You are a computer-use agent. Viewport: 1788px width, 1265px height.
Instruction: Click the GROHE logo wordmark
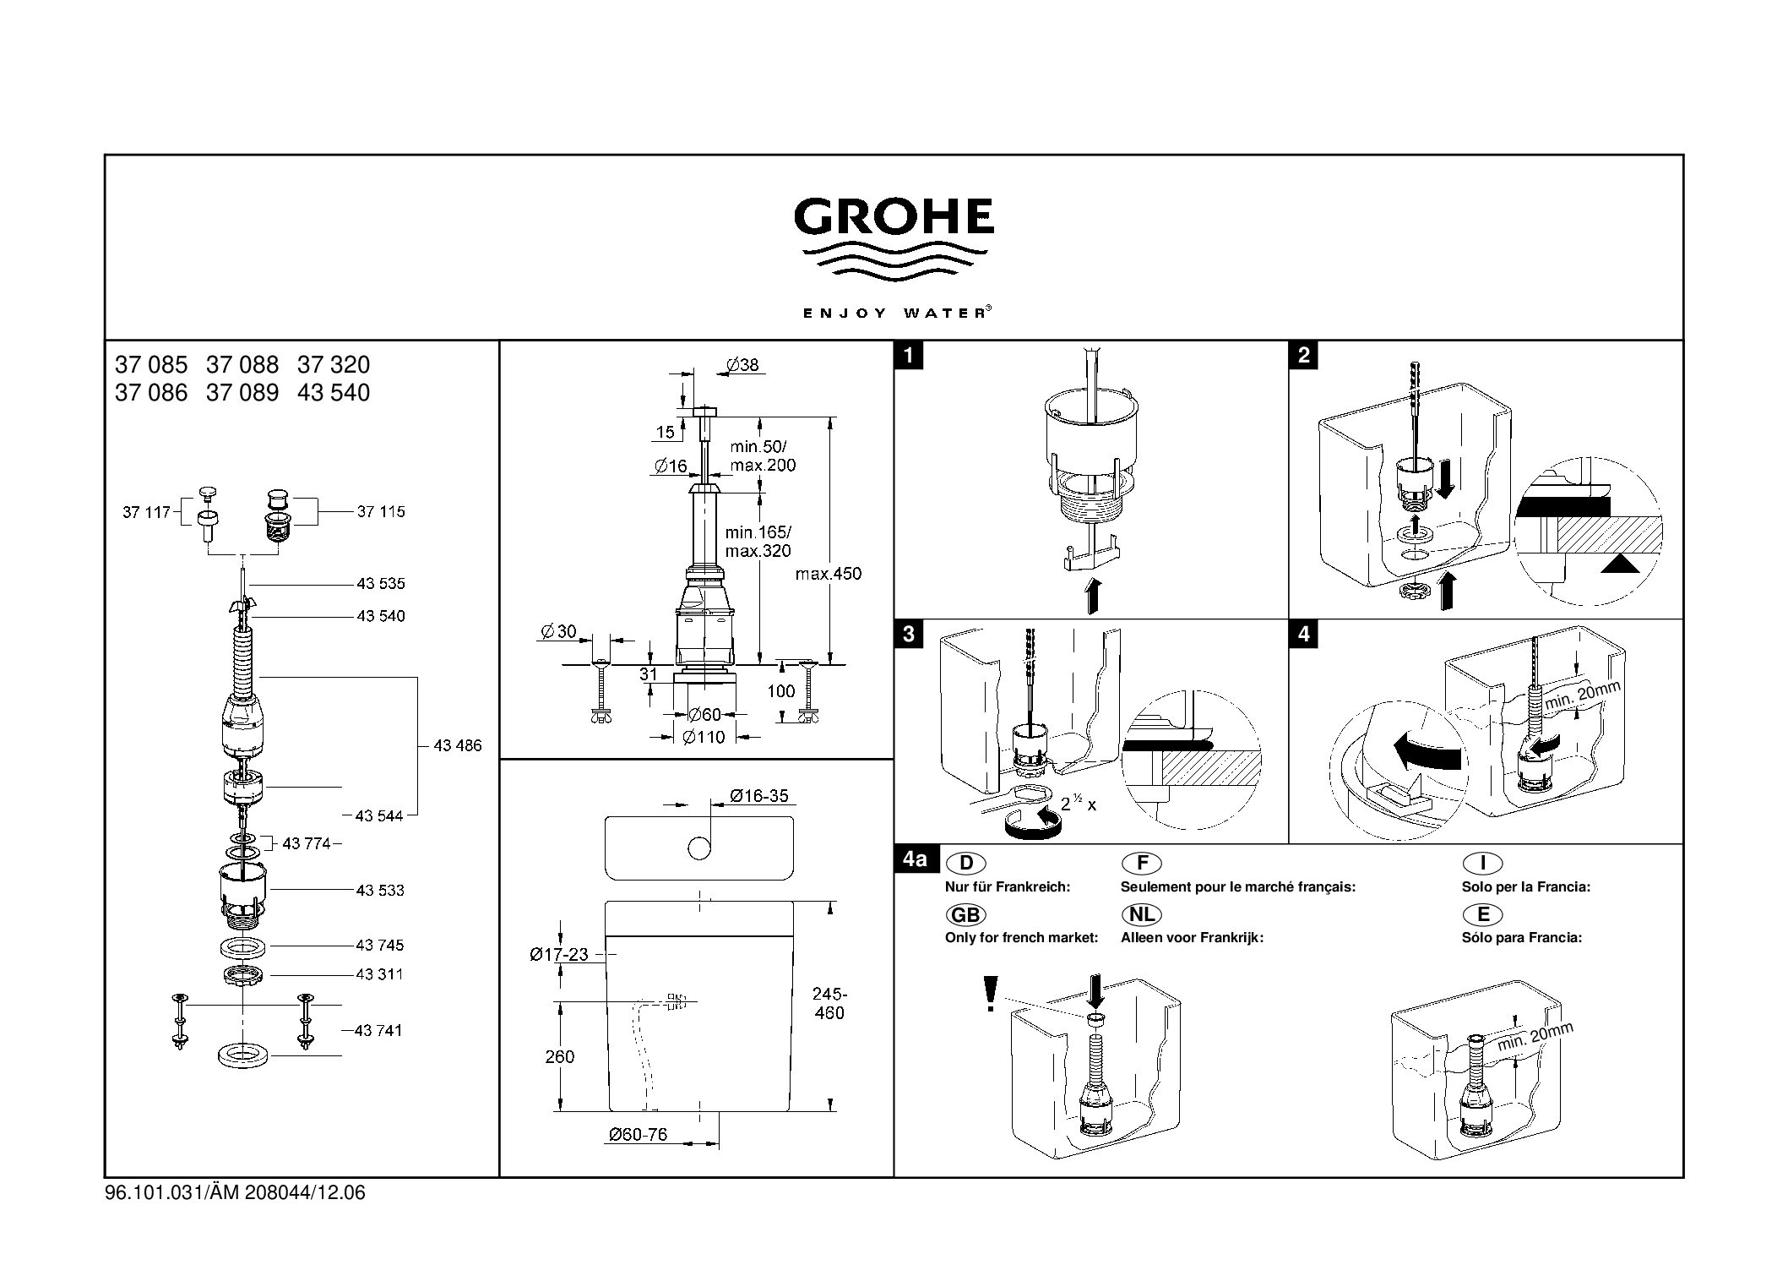coord(894,216)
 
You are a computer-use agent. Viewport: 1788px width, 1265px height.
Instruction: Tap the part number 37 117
coord(146,511)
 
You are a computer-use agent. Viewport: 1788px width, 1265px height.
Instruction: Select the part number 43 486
coord(457,745)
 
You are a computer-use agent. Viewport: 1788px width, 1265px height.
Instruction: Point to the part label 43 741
coord(378,1030)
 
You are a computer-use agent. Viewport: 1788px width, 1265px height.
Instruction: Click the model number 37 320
coord(334,365)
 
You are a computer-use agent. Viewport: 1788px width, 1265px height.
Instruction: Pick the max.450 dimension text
coord(828,574)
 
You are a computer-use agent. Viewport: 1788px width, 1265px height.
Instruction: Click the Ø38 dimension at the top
coord(742,365)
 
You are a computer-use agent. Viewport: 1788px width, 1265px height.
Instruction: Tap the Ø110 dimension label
coord(704,738)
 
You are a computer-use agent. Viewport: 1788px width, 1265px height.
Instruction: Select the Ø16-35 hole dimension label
coord(758,796)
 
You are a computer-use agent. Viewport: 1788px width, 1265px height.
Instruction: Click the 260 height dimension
coord(559,1056)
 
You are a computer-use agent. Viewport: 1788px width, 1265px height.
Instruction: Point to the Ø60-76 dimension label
coord(638,1134)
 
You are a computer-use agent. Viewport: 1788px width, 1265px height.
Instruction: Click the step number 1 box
coord(909,356)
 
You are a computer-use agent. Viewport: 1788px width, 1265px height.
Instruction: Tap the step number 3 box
coord(909,634)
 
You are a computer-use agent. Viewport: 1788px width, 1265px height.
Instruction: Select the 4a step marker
coord(914,860)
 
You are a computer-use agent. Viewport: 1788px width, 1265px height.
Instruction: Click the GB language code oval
coord(965,914)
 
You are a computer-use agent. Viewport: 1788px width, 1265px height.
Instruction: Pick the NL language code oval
coord(1141,914)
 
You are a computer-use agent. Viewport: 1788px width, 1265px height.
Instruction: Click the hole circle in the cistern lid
coord(698,848)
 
